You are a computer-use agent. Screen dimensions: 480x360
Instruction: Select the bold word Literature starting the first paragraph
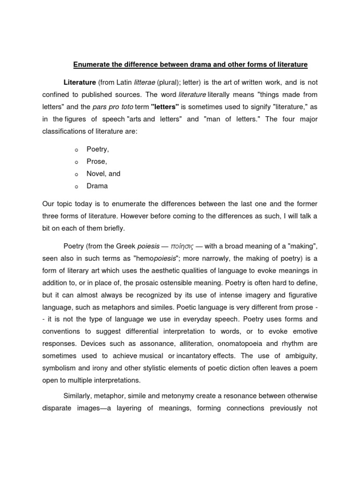[80, 82]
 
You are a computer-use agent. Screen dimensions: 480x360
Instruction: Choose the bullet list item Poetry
[97, 149]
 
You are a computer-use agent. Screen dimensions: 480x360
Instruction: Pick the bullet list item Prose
[97, 161]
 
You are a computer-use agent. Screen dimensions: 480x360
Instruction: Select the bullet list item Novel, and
[103, 173]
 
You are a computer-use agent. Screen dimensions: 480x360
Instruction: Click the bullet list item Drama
[97, 186]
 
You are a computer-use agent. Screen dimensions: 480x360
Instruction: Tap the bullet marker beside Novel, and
[75, 174]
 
